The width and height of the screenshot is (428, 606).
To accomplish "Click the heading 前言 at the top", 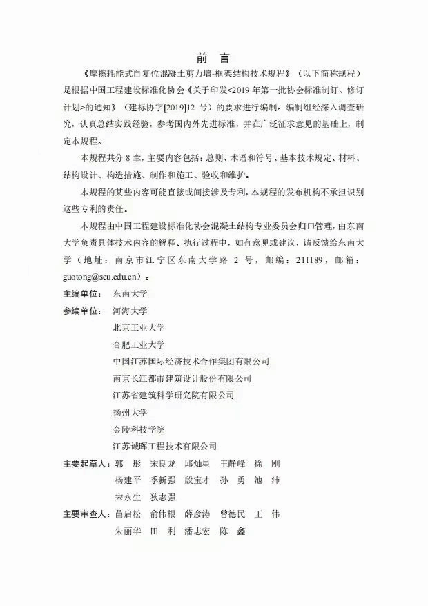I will pos(213,57).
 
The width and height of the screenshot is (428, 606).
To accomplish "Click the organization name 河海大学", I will pos(130,311).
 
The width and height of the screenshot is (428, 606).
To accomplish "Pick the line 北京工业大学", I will pos(139,327).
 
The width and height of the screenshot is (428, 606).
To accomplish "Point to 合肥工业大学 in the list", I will pos(139,344).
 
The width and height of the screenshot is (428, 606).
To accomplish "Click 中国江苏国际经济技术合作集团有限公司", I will pos(191,361).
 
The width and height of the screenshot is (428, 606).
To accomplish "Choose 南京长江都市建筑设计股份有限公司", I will pos(182,378).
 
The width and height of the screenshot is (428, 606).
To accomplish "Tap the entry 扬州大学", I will pos(130,412).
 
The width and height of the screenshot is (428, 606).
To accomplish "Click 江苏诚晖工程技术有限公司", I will pos(165,446).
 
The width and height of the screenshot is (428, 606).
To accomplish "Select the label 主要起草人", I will pos(86,463).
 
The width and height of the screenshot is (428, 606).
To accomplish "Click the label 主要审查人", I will pos(86,514).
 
